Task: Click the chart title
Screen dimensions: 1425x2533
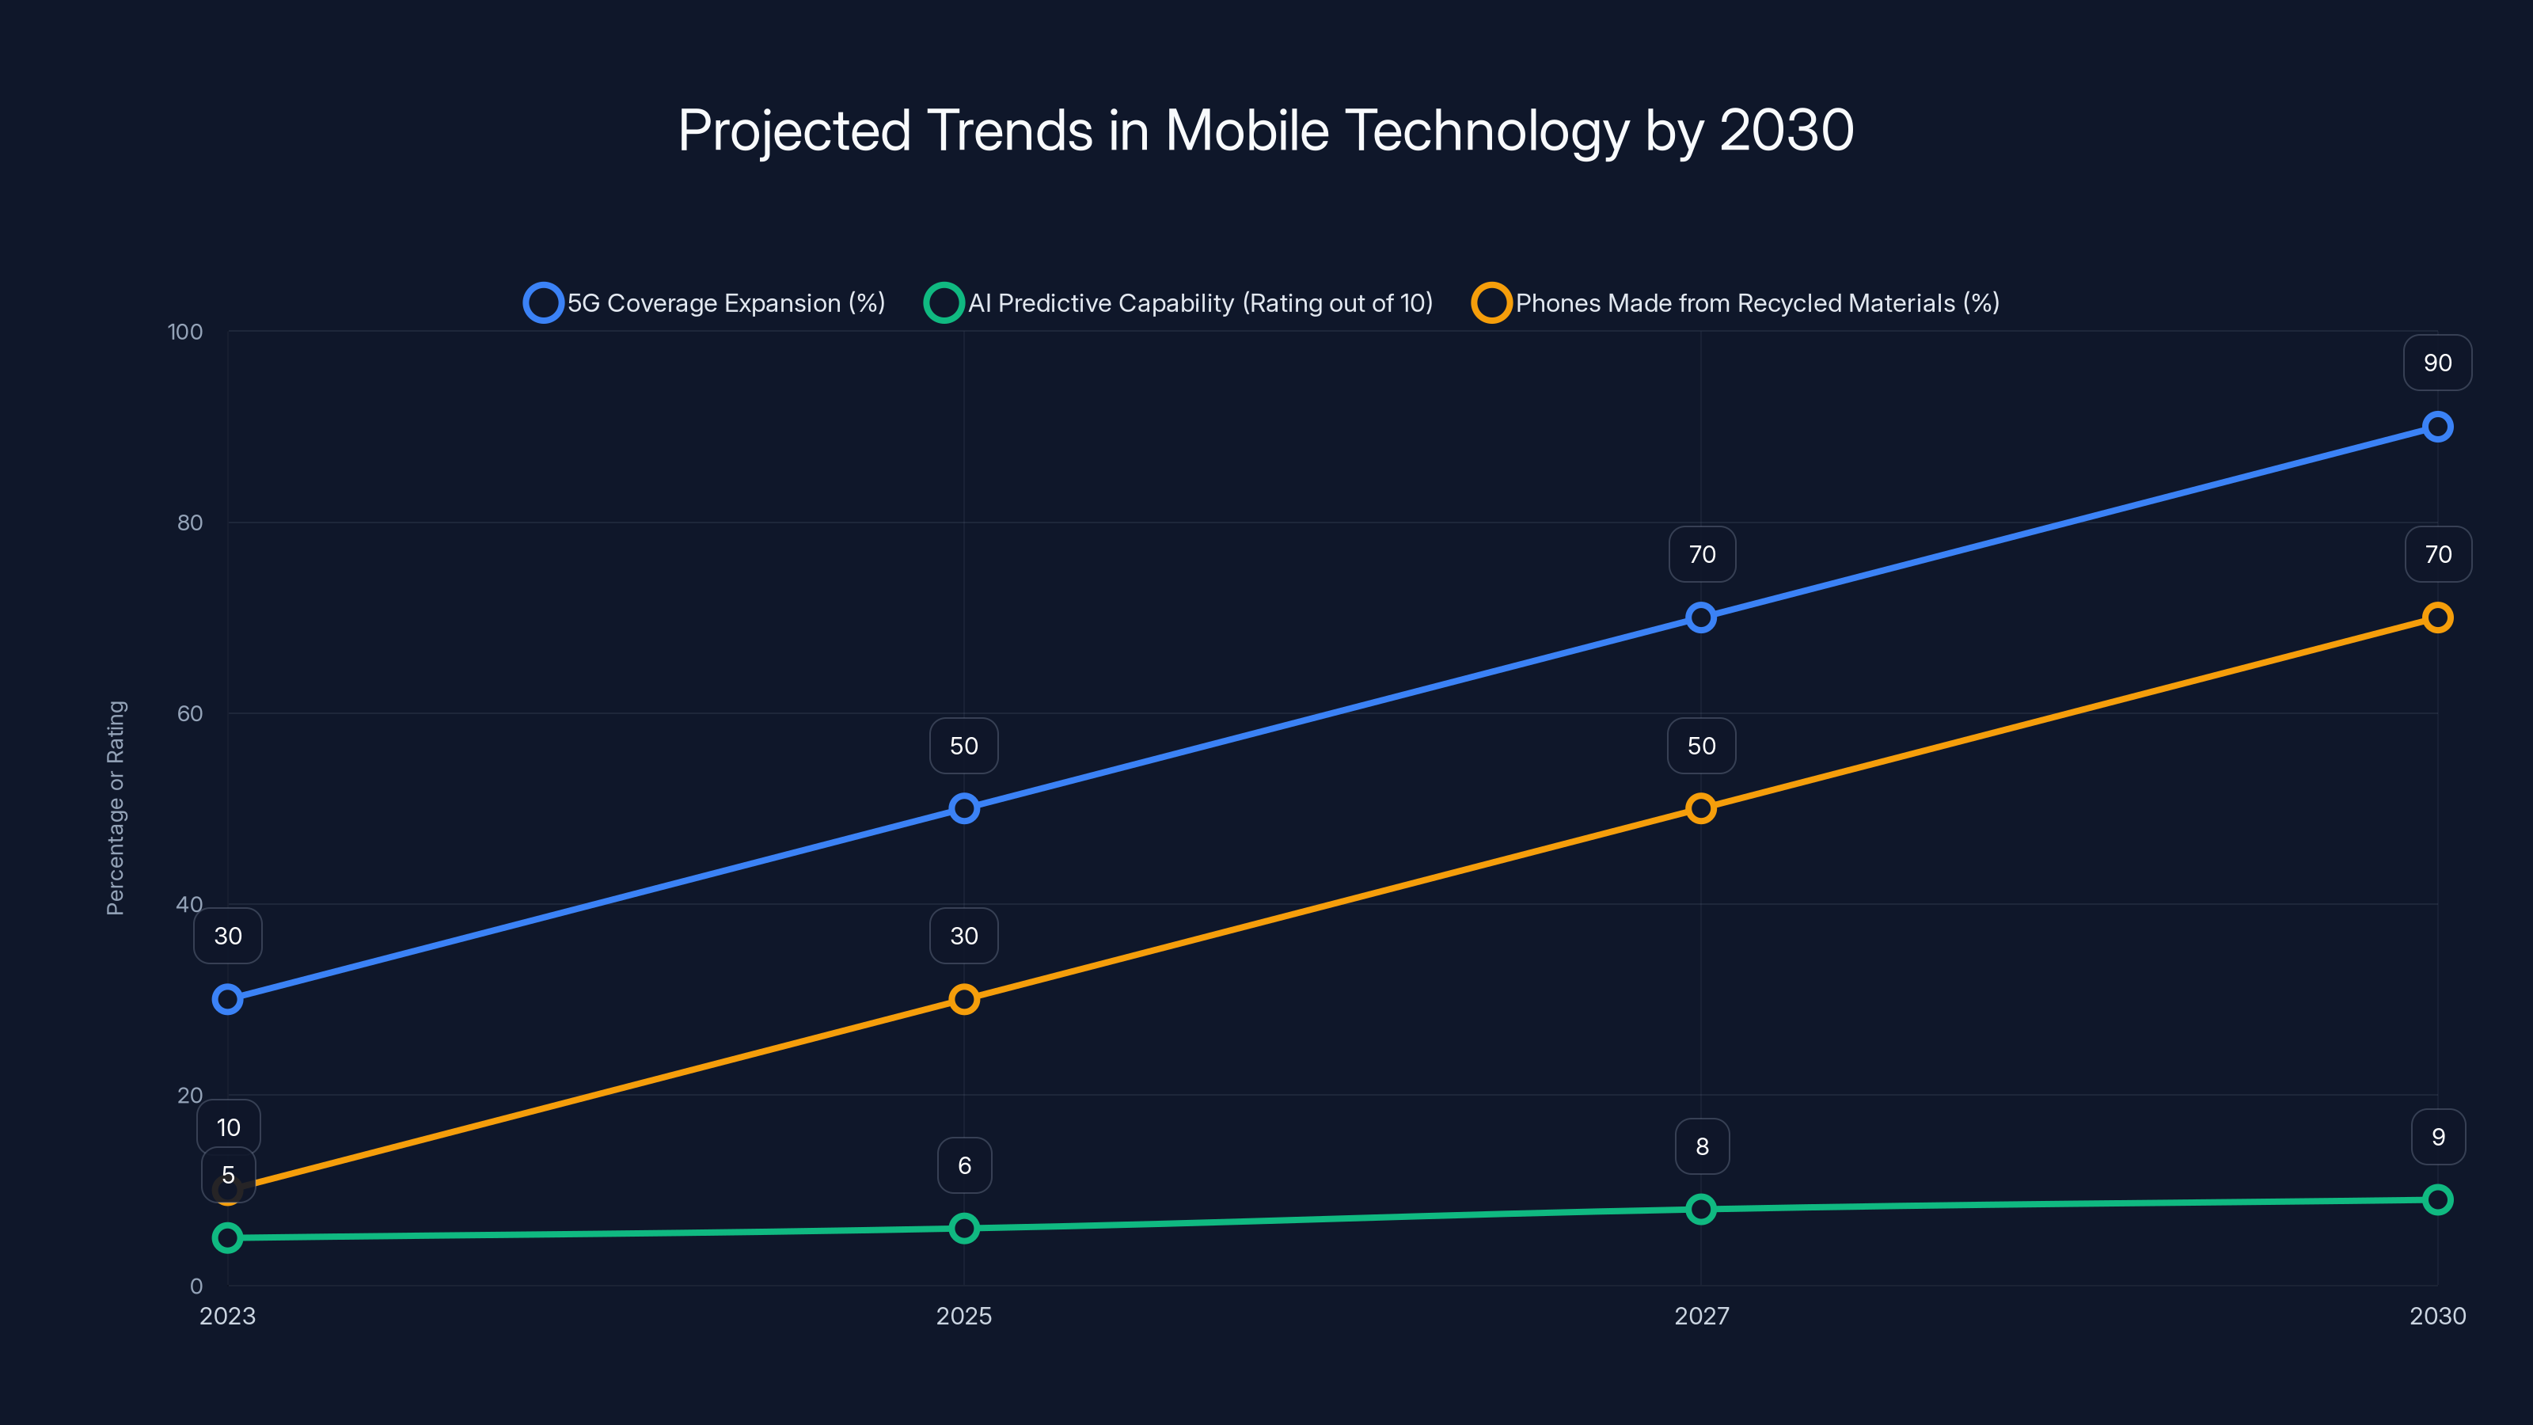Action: click(1266, 131)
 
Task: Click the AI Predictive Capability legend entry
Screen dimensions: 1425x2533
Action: click(1179, 303)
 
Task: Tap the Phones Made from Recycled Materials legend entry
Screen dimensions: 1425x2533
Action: click(1737, 303)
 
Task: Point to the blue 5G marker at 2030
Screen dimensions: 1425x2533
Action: click(2436, 427)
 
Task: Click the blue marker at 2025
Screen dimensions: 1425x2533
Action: click(963, 808)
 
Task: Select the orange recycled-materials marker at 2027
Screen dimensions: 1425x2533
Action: click(1700, 808)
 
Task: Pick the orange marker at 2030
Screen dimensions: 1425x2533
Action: click(2436, 617)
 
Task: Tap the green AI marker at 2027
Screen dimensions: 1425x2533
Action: click(1700, 1209)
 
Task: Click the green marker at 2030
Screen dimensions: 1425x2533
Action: click(2436, 1200)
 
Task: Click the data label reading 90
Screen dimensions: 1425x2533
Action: click(2436, 363)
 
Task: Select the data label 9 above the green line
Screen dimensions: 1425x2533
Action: click(2436, 1137)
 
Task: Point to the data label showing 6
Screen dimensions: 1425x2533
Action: click(963, 1165)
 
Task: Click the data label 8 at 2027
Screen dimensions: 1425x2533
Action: click(1701, 1146)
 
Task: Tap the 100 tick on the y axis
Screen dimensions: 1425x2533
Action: click(185, 332)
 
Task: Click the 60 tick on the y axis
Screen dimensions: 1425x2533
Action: click(190, 714)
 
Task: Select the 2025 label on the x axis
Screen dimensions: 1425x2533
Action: click(963, 1316)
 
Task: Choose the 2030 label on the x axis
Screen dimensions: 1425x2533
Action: click(2436, 1316)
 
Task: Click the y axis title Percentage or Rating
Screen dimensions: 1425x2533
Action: click(116, 807)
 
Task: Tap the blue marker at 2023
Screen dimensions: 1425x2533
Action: click(227, 999)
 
